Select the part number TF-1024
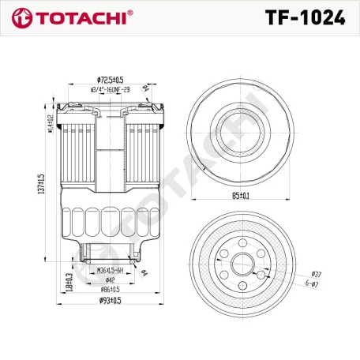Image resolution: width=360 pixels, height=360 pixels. (305, 17)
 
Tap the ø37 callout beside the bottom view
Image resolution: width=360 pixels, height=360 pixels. (317, 272)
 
